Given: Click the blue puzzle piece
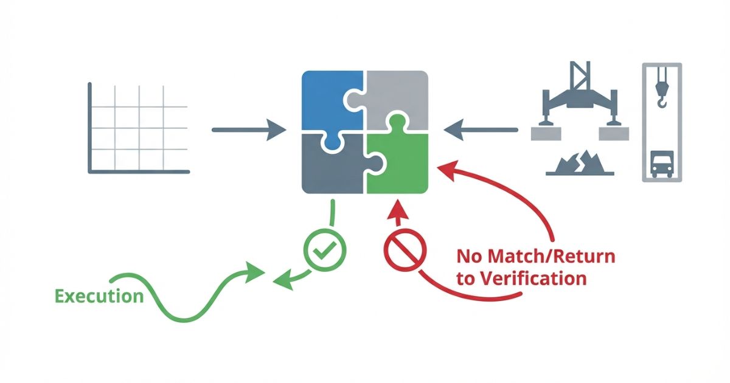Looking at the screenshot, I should (x=328, y=97).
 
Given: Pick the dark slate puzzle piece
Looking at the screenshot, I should (x=328, y=167).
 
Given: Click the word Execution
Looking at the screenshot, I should (x=100, y=296).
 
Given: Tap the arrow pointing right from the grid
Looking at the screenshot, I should (x=248, y=129).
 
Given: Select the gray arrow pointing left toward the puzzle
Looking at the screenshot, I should (x=481, y=129).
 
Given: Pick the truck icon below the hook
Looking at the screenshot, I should (x=662, y=164).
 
